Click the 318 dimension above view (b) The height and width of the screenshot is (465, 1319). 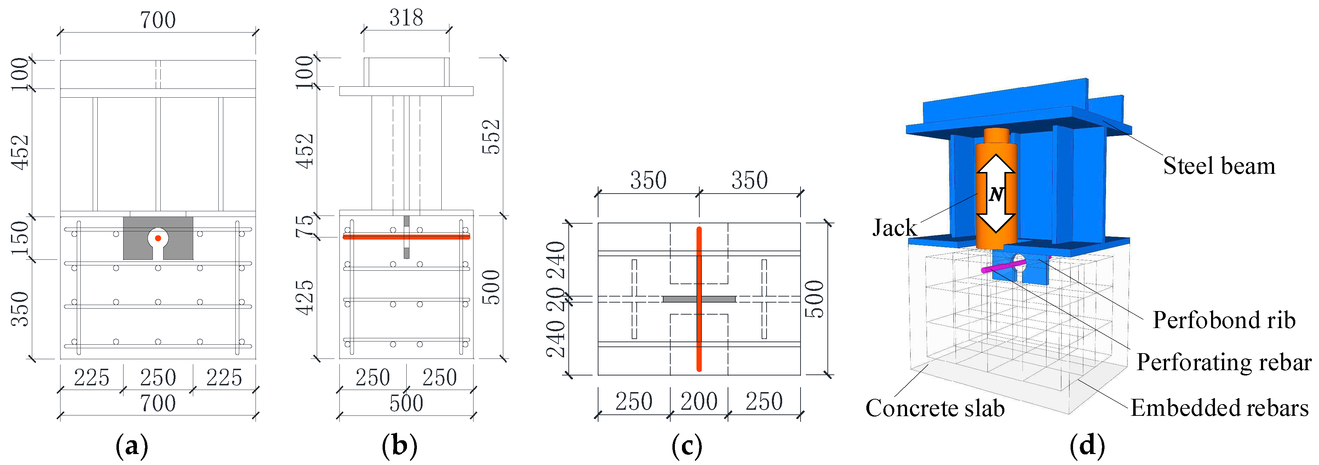point(406,18)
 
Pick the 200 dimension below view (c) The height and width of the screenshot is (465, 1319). point(699,401)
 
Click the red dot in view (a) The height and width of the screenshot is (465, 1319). point(158,238)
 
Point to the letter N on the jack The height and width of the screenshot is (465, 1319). point(996,195)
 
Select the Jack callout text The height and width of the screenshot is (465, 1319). point(894,228)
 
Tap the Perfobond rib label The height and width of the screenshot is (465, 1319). point(1224,320)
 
